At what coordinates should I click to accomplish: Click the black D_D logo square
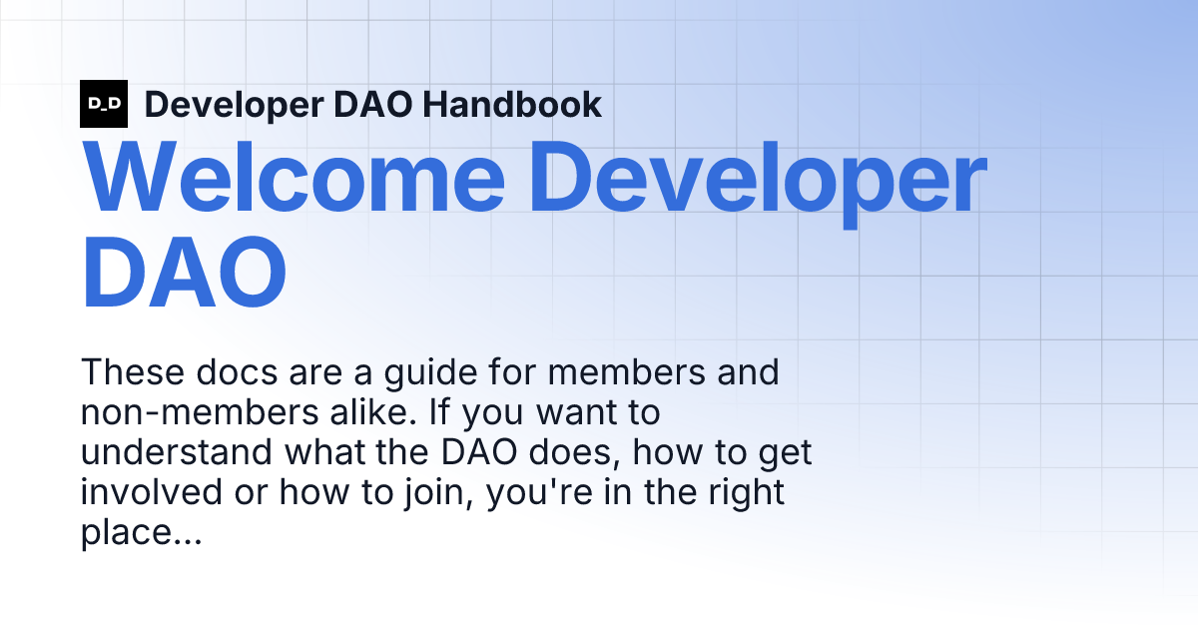[x=104, y=104]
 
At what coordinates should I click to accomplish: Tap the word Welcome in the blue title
[x=294, y=177]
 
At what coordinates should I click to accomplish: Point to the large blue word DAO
[x=184, y=272]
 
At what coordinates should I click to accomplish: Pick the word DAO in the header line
[x=372, y=104]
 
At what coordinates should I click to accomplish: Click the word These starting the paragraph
[x=133, y=371]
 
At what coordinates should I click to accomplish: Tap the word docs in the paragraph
[x=237, y=371]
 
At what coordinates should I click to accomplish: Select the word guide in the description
[x=430, y=374]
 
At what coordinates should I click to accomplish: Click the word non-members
[x=200, y=412]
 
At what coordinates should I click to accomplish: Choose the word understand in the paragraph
[x=177, y=452]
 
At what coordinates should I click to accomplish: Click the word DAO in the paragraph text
[x=479, y=452]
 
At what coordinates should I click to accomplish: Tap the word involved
[x=152, y=492]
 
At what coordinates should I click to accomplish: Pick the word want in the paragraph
[x=577, y=413]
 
